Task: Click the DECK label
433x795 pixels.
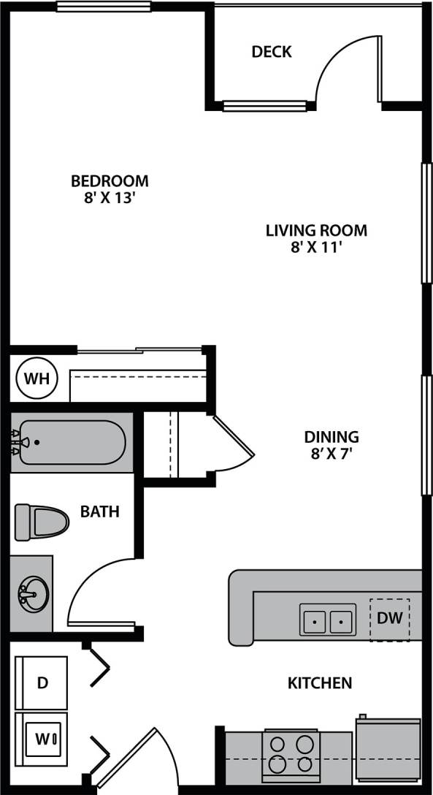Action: click(271, 52)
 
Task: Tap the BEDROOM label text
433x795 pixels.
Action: click(110, 180)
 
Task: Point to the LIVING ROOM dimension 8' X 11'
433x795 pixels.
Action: click(316, 248)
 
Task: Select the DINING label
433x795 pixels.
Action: click(332, 437)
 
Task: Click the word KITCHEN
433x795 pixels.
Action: click(320, 683)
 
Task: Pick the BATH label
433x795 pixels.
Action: click(100, 511)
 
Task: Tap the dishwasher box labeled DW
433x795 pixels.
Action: click(389, 619)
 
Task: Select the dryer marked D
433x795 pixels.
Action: click(42, 683)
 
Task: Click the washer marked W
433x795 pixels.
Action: click(42, 738)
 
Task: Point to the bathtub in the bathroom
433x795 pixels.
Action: click(72, 442)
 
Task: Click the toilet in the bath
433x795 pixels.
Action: click(42, 521)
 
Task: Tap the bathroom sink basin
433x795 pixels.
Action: click(33, 593)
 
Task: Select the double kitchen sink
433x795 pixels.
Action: click(328, 620)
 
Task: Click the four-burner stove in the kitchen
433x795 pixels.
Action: click(291, 754)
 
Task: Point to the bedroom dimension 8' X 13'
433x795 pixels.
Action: click(110, 198)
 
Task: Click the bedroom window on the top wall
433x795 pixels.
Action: click(104, 7)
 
